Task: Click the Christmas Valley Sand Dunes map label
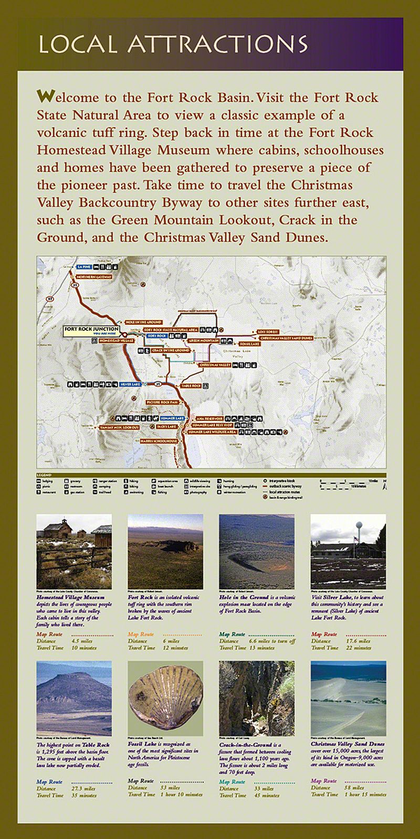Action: tap(286, 338)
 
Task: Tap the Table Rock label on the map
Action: tap(191, 386)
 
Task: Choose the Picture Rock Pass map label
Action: tap(163, 402)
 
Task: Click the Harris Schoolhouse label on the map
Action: tap(159, 441)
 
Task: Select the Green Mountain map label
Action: tap(203, 340)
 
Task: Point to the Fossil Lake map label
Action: tap(249, 344)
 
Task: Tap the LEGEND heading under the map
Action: tap(44, 475)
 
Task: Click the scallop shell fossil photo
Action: tap(165, 698)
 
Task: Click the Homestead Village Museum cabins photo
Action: tap(74, 551)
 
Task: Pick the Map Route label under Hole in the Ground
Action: tap(232, 634)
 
